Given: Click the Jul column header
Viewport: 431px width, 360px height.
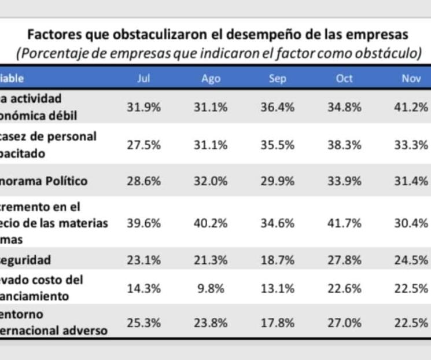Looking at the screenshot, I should click(x=143, y=79).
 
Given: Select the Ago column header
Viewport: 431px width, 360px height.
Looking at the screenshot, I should click(x=211, y=79).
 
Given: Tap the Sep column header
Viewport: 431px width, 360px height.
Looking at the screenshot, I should click(x=278, y=79).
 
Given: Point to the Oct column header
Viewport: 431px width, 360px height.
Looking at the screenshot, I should click(x=344, y=79).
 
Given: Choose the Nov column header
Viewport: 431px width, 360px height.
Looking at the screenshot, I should click(x=411, y=79).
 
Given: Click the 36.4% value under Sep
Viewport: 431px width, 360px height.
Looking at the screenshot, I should click(x=278, y=107).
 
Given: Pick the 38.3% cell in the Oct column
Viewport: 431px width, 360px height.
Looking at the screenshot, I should click(x=345, y=145).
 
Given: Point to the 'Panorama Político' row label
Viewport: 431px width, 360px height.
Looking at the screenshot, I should click(x=44, y=181).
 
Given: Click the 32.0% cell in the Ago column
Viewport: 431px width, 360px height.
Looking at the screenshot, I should click(x=211, y=181).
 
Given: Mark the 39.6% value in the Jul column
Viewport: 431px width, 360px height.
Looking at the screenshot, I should click(x=143, y=223).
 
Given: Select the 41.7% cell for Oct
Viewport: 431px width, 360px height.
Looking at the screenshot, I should click(x=345, y=223).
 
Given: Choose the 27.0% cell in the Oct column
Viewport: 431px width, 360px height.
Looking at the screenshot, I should click(x=345, y=323).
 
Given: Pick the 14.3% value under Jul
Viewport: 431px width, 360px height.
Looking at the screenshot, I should click(x=143, y=288).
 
